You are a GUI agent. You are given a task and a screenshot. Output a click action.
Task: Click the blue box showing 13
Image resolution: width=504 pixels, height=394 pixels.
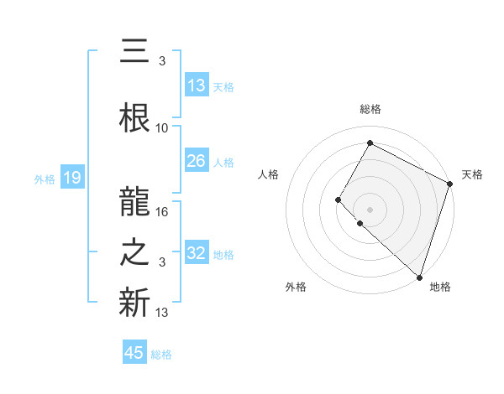click(x=197, y=86)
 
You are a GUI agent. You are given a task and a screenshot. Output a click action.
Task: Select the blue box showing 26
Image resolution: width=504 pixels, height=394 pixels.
click(x=197, y=161)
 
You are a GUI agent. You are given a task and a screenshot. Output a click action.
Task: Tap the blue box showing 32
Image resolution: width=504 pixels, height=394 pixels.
click(x=197, y=253)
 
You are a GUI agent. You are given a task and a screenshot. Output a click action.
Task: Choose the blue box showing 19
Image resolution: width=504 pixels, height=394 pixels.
click(x=71, y=178)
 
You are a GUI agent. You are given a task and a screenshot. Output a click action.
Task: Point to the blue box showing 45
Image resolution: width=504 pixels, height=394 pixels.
click(x=134, y=353)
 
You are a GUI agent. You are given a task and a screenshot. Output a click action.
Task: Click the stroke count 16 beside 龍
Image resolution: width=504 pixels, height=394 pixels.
click(x=163, y=211)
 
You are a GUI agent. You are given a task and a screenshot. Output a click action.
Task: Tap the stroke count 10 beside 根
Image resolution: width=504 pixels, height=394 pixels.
click(x=162, y=127)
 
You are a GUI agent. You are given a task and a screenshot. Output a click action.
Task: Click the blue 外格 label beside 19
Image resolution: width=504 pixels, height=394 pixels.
click(x=45, y=179)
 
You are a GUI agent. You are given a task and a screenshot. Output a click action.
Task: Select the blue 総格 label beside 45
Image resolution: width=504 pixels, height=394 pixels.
click(x=161, y=354)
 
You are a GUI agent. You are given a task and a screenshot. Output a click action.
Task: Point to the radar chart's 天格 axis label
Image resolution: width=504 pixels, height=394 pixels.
click(x=472, y=174)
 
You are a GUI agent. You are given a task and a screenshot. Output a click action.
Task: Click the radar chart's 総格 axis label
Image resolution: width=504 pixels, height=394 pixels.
click(x=370, y=109)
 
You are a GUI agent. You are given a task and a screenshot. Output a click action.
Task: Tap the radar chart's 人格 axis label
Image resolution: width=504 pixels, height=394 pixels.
click(x=268, y=174)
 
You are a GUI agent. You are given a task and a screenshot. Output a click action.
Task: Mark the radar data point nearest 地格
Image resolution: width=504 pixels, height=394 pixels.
click(x=419, y=277)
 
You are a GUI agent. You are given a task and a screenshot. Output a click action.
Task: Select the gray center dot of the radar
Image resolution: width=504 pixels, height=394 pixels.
click(x=370, y=209)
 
